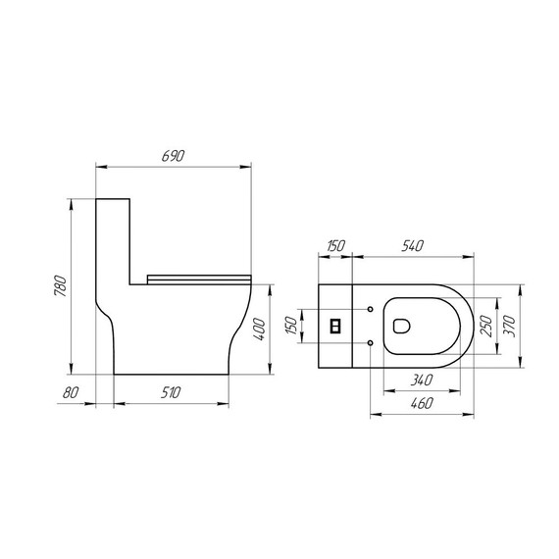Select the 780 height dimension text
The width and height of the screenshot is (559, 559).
[61, 286]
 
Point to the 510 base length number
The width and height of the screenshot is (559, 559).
[172, 394]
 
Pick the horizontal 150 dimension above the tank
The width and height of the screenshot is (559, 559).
[335, 246]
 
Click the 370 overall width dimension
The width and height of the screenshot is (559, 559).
[511, 325]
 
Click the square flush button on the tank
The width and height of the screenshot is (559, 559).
[335, 326]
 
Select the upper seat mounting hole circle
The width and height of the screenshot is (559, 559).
[370, 310]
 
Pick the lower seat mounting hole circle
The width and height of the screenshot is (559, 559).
[370, 341]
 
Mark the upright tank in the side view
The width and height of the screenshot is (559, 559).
[113, 235]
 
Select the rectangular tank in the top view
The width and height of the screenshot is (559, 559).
[335, 326]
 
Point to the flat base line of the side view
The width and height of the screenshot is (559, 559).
[172, 374]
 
